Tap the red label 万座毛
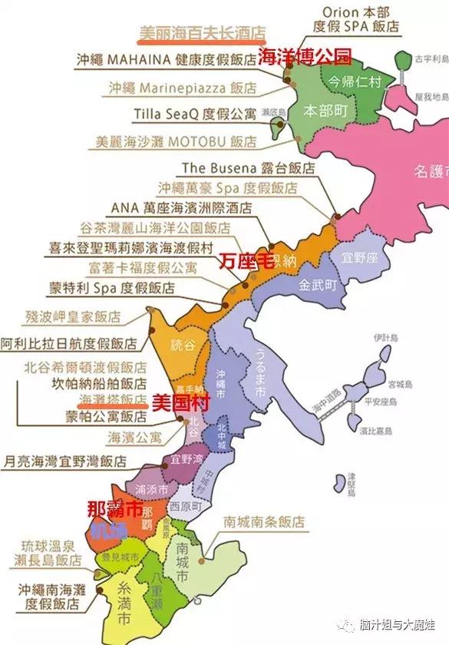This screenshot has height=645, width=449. click(244, 259)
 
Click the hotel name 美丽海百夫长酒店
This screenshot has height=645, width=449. click(201, 33)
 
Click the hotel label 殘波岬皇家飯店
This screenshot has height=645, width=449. click(73, 316)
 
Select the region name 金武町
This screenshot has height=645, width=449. click(318, 284)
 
